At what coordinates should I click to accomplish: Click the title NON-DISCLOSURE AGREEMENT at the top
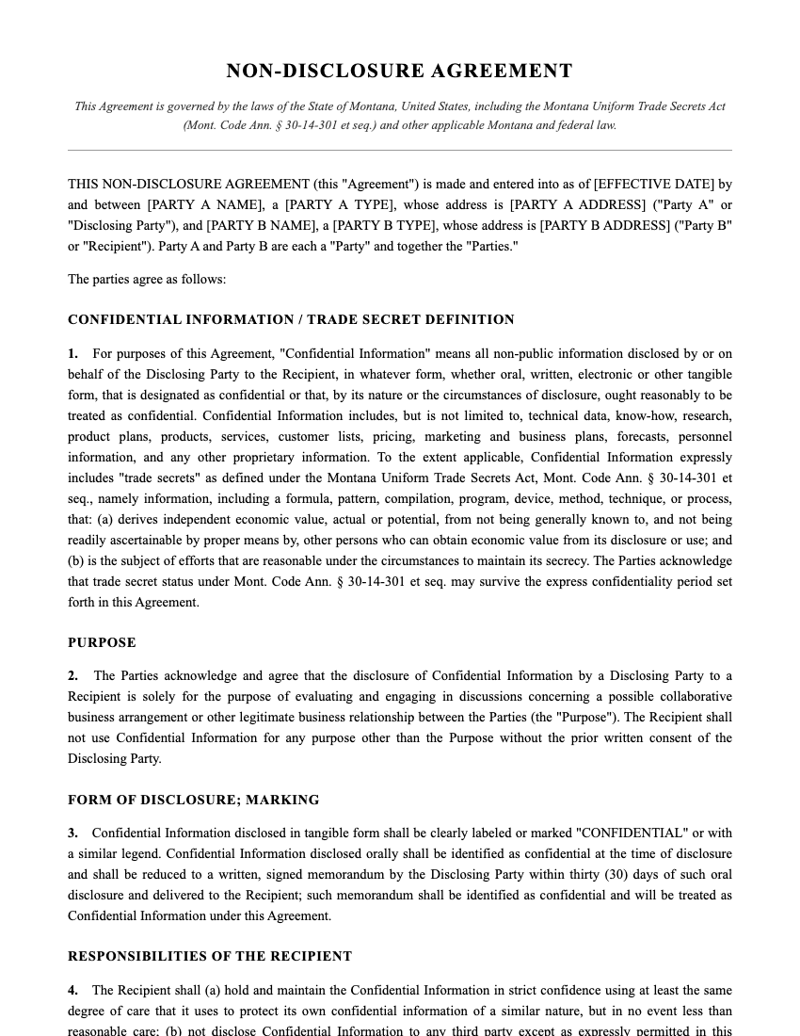399,71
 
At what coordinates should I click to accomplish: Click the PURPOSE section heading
102,642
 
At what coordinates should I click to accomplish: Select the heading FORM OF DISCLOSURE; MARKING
193,800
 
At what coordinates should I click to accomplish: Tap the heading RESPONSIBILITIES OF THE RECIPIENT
210,956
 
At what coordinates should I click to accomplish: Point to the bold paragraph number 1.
72,354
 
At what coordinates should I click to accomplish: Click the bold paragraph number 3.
72,834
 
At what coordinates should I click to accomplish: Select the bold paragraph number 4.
72,991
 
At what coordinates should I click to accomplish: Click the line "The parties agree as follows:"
147,280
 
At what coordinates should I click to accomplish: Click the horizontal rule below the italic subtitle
399,150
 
